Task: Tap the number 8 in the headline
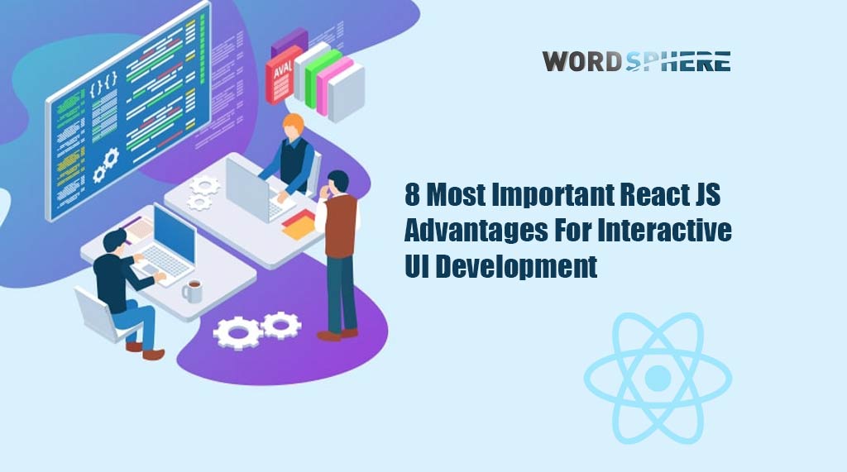click(412, 194)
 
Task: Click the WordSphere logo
click(636, 61)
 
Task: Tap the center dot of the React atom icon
click(658, 378)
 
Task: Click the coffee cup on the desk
click(192, 291)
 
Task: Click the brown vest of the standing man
click(340, 226)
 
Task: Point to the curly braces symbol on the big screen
click(103, 83)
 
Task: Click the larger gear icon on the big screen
click(111, 158)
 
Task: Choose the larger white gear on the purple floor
click(237, 333)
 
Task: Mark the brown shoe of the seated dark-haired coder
click(153, 355)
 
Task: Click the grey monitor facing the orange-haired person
click(247, 189)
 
